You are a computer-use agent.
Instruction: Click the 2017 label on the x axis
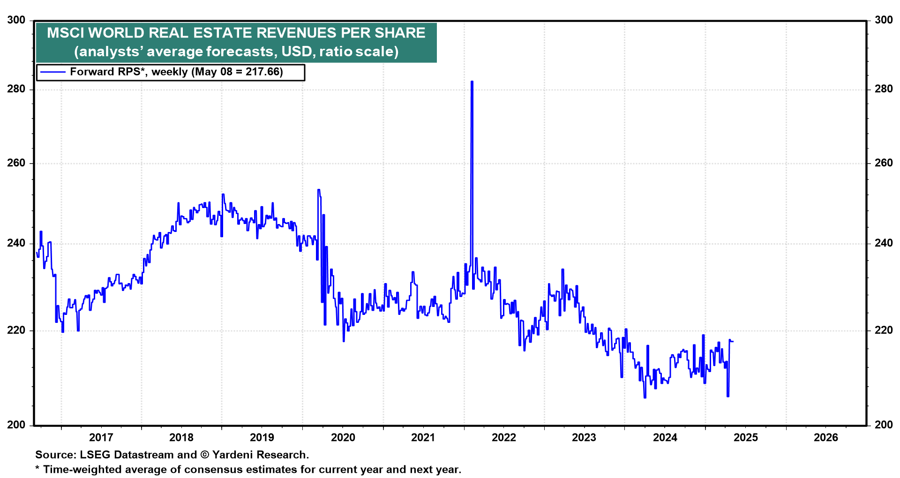tap(101, 438)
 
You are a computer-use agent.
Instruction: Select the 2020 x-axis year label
tap(343, 438)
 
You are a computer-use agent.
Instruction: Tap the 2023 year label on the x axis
tap(584, 438)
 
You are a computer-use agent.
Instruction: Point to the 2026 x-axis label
tap(825, 438)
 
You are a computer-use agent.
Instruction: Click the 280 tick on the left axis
tap(16, 89)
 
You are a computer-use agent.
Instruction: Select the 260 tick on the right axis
tap(884, 163)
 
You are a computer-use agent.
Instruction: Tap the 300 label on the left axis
tap(16, 20)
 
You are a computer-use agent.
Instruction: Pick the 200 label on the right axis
tap(884, 425)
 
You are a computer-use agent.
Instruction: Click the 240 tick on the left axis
tap(16, 243)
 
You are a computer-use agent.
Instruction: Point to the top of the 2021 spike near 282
tap(472, 82)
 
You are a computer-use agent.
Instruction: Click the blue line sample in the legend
tap(52, 72)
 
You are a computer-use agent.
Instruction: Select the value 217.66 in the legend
tap(264, 72)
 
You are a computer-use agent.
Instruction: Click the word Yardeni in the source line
tap(235, 455)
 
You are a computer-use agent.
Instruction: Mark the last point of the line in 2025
tap(733, 341)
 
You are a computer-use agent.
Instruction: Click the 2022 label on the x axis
tap(503, 438)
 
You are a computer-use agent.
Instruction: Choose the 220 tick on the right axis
tap(884, 330)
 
